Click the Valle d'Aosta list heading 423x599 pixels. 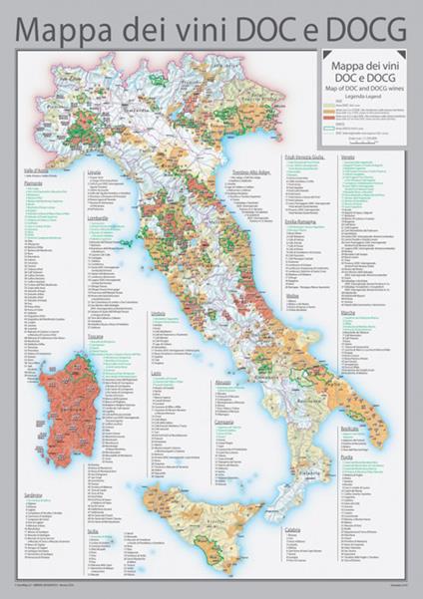(36, 170)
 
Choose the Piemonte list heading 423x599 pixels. (32, 183)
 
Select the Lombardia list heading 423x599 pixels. (98, 216)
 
